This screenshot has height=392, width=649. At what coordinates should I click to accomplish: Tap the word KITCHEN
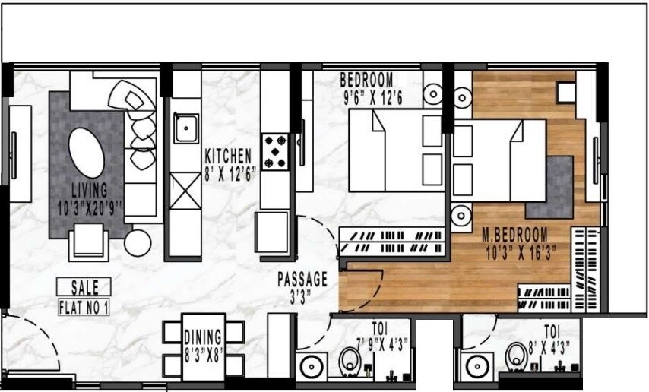click(228, 156)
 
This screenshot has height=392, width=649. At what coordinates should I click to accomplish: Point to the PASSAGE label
click(302, 279)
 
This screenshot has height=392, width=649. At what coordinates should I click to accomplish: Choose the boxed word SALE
click(84, 287)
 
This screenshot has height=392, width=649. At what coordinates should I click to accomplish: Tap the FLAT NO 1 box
click(84, 308)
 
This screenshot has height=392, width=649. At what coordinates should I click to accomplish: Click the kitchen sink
click(184, 128)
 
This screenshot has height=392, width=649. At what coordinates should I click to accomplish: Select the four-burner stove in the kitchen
click(274, 151)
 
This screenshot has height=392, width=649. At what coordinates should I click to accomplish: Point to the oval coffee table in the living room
click(87, 152)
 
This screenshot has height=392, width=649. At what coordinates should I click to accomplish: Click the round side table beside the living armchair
click(139, 242)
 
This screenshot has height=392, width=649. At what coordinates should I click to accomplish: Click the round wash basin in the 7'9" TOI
click(312, 367)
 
